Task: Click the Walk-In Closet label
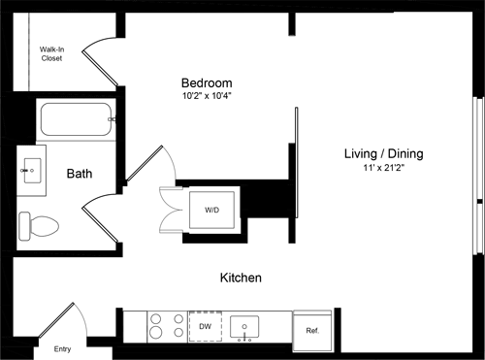tap(51, 52)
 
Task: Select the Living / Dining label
tap(383, 153)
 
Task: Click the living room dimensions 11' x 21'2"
tap(383, 169)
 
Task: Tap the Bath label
tap(80, 174)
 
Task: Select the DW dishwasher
tap(205, 328)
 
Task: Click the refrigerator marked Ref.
tap(312, 330)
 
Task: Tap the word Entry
tap(63, 349)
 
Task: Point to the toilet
tap(40, 226)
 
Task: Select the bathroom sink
tap(30, 170)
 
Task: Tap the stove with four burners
tap(166, 327)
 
